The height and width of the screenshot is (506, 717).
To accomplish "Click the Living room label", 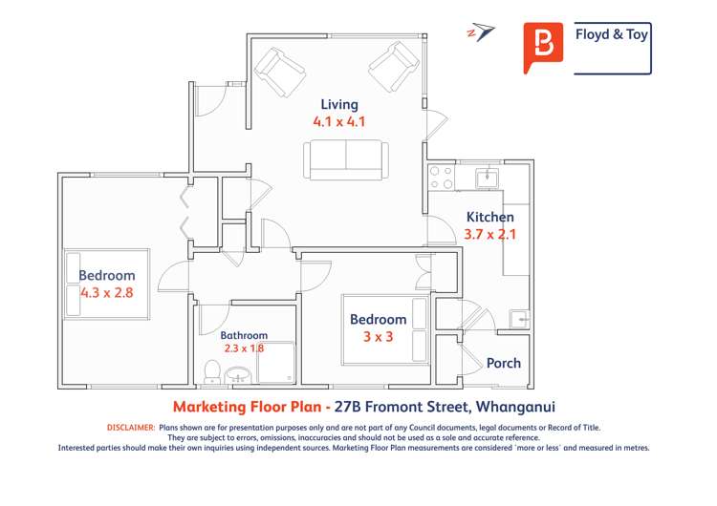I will [339, 104].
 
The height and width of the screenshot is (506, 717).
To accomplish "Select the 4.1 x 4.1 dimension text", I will [339, 122].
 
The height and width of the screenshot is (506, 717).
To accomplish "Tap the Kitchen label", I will [489, 217].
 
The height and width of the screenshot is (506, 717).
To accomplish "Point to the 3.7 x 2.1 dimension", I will [489, 234].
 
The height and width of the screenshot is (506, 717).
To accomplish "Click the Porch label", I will [504, 363].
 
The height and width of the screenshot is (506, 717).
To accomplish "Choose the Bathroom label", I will [244, 335].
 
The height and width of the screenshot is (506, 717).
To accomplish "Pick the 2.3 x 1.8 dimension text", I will [244, 348].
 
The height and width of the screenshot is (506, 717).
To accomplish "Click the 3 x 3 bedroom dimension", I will [378, 337].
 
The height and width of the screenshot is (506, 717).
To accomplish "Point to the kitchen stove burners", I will [442, 177].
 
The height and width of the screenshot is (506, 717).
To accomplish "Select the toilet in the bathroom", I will [213, 373].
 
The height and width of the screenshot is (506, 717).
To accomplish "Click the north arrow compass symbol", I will [482, 33].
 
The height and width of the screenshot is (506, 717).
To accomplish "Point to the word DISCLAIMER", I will [130, 428].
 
